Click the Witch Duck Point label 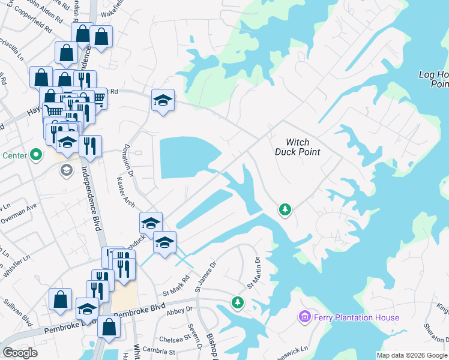(x=297, y=147)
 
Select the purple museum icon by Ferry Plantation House (x=304, y=316)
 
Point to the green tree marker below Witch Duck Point (x=285, y=209)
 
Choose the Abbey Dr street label (x=178, y=310)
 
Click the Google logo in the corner (x=20, y=352)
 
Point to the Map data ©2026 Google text (x=412, y=355)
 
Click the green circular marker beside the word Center (x=36, y=155)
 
